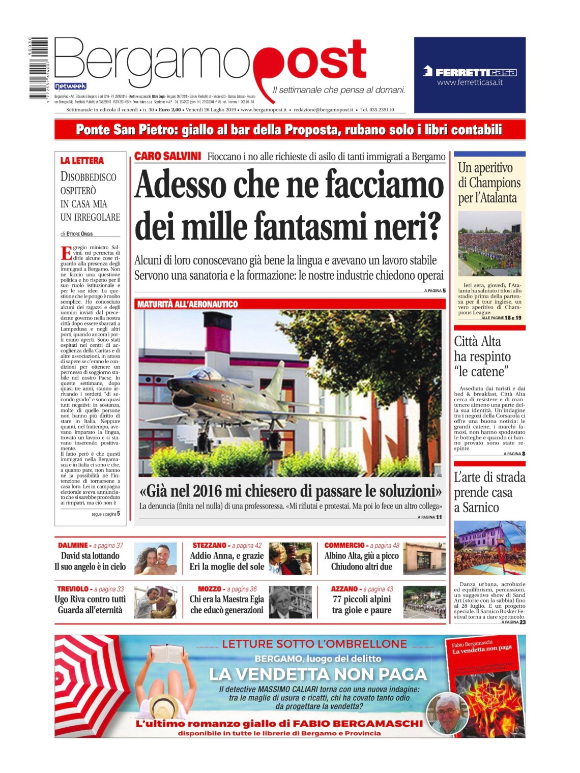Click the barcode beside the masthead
pyautogui.click(x=38, y=69)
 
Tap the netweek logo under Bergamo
pyautogui.click(x=70, y=86)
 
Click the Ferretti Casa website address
pyautogui.click(x=470, y=82)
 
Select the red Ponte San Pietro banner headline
pyautogui.click(x=289, y=130)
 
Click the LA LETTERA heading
pyautogui.click(x=82, y=161)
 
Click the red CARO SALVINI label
pyautogui.click(x=167, y=156)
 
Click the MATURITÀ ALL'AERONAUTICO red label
pyautogui.click(x=188, y=304)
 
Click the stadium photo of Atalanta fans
pyautogui.click(x=489, y=243)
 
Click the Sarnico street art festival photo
pyautogui.click(x=489, y=547)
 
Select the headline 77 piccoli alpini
pyautogui.click(x=362, y=599)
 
